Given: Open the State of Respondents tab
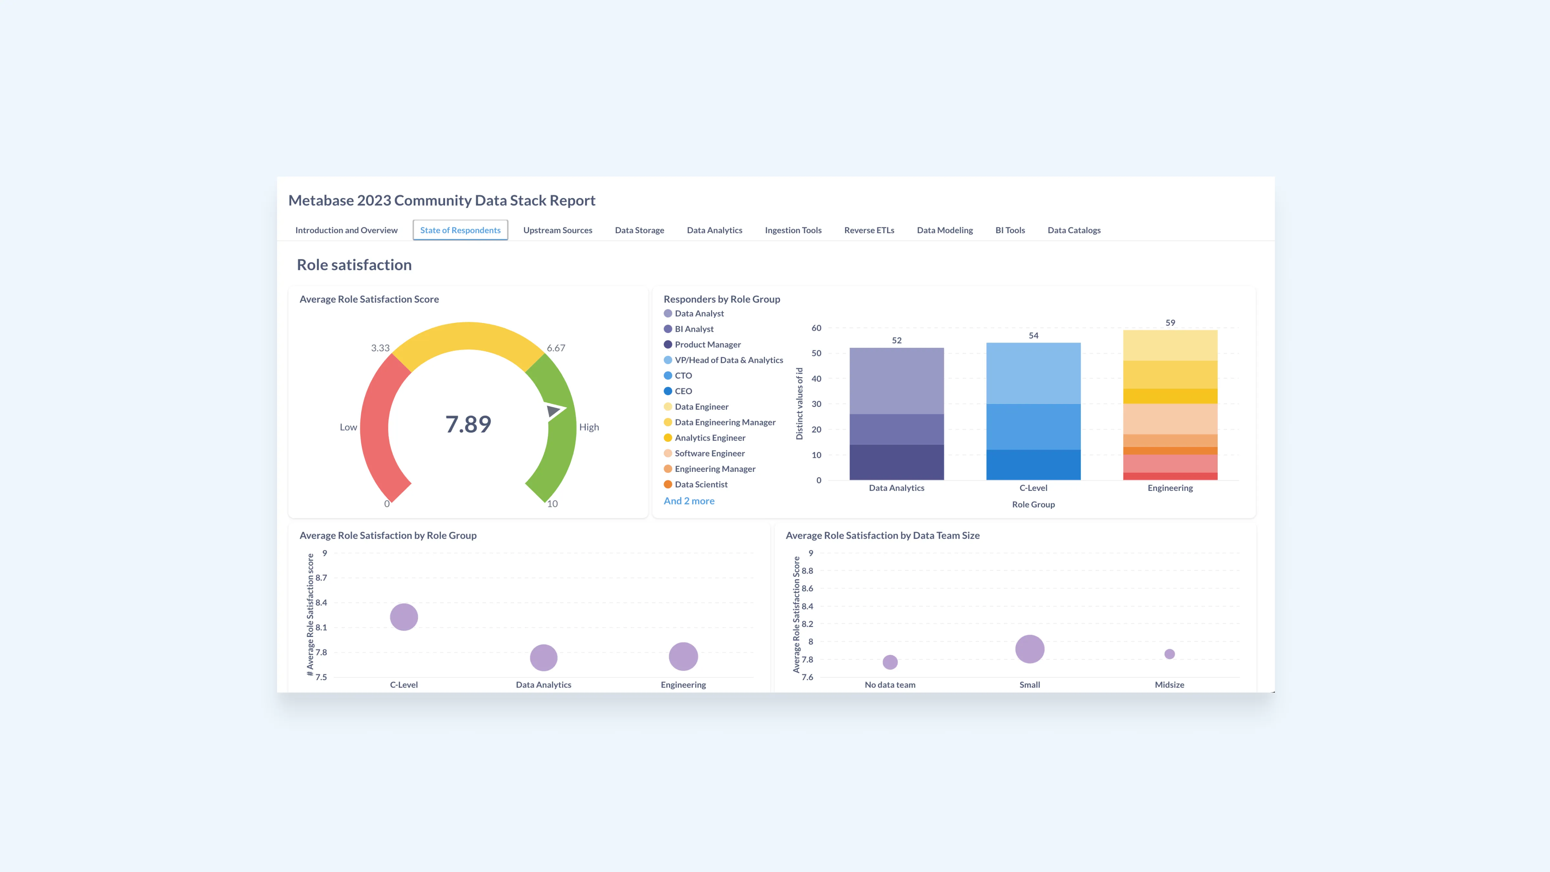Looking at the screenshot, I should pos(460,230).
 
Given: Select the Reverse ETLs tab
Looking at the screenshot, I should pos(869,230).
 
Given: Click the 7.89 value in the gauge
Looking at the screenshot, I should pos(468,424).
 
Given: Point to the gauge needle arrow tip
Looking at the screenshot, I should pos(564,409).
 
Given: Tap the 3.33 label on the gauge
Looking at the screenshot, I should pos(380,348).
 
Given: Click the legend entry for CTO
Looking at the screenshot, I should pos(683,376).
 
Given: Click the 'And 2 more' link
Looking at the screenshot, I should pos(689,501).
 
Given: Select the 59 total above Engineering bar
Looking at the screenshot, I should pos(1170,323).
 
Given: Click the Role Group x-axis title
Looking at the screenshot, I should pos(1033,504).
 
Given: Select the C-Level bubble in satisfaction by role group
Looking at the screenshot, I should pos(404,617).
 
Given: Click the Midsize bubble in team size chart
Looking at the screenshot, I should pos(1169,654).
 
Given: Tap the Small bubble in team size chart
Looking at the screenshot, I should pos(1029,649).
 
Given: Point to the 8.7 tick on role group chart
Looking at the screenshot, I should pos(321,578).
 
